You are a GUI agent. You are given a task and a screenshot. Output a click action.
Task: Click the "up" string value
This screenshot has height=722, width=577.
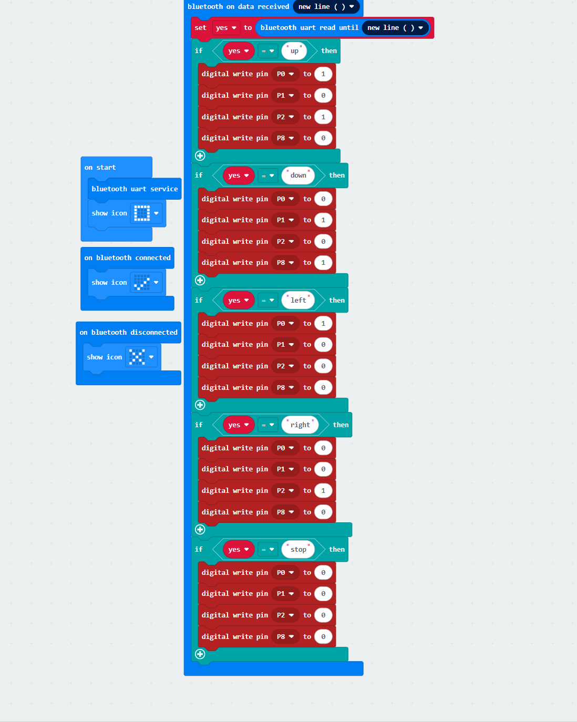point(294,51)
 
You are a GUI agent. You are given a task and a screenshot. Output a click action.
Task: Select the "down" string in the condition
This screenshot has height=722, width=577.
point(298,176)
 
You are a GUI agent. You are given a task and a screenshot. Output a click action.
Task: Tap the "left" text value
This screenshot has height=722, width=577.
point(298,300)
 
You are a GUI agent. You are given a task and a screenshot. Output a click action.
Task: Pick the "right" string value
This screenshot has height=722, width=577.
point(300,425)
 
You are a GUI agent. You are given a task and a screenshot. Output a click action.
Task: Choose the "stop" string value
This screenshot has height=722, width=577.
point(298,549)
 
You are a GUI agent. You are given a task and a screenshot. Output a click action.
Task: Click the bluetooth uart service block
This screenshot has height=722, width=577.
point(135,189)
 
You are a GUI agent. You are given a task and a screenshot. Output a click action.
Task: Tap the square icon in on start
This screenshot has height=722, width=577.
point(142,213)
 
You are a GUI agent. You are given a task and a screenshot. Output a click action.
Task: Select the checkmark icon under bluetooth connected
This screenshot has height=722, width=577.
point(142,283)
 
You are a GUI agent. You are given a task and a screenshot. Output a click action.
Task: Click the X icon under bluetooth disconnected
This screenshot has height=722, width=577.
point(137,357)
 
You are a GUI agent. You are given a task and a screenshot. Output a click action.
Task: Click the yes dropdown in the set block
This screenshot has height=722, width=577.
point(226,28)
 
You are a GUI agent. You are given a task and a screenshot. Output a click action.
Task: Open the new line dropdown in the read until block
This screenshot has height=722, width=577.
point(395,28)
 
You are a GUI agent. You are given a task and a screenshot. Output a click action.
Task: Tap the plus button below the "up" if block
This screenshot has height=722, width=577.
point(200,156)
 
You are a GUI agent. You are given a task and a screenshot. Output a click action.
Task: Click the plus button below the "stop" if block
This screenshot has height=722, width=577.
point(200,654)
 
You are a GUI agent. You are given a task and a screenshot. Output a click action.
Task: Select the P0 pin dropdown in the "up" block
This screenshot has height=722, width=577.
point(285,74)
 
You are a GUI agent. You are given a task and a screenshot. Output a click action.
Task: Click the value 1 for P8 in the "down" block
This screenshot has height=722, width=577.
point(323,263)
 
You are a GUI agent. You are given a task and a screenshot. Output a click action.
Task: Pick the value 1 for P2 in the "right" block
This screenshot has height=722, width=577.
point(323,491)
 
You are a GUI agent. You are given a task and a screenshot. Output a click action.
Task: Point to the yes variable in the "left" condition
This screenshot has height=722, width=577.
point(239,300)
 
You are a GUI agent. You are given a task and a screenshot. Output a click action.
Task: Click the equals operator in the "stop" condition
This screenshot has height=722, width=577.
point(267,550)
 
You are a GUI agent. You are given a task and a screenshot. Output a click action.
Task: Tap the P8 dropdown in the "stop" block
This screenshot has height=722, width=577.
point(285,637)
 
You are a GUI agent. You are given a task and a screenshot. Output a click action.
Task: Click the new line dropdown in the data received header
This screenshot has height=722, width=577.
point(326,7)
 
